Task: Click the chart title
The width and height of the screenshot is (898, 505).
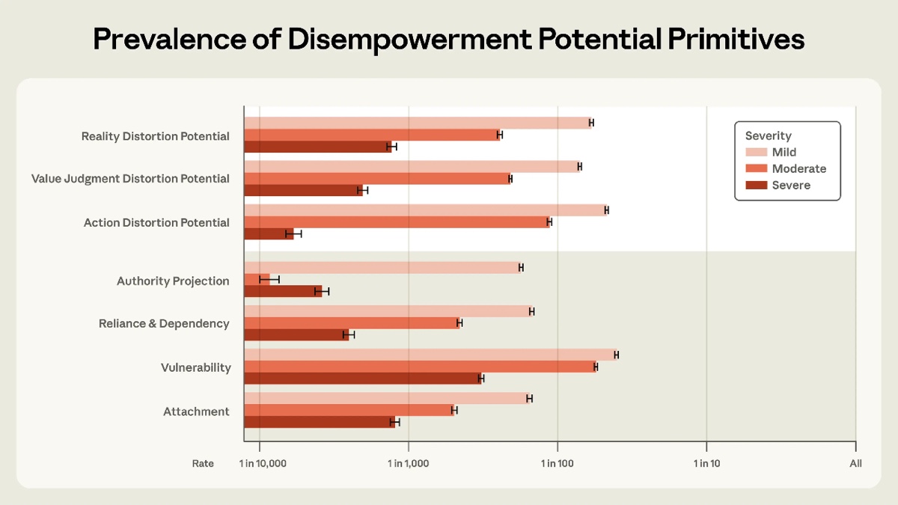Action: point(448,40)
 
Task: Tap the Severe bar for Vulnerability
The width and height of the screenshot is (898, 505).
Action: point(363,379)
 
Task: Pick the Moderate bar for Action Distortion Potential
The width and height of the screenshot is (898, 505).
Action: point(397,222)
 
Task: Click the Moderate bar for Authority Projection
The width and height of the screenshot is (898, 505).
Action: point(257,279)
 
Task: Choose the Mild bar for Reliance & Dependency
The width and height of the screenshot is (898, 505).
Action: point(388,311)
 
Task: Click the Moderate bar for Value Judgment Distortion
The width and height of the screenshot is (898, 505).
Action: point(377,179)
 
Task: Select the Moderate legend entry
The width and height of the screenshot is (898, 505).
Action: point(798,169)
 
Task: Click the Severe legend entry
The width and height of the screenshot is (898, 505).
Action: point(791,186)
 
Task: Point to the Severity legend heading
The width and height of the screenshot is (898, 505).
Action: point(768,136)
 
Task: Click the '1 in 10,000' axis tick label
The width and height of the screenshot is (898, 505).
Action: point(263,464)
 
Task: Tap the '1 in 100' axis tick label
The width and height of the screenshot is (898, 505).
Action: point(557,464)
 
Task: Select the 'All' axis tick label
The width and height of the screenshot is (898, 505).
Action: point(855,464)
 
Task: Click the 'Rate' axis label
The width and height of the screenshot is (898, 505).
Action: point(203,464)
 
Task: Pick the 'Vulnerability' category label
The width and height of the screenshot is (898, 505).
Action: point(195,367)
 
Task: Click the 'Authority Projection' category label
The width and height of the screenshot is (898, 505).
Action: point(173,281)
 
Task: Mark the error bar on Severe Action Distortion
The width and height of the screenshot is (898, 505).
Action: point(293,234)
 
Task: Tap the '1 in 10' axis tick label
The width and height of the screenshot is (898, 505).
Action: point(706,464)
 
